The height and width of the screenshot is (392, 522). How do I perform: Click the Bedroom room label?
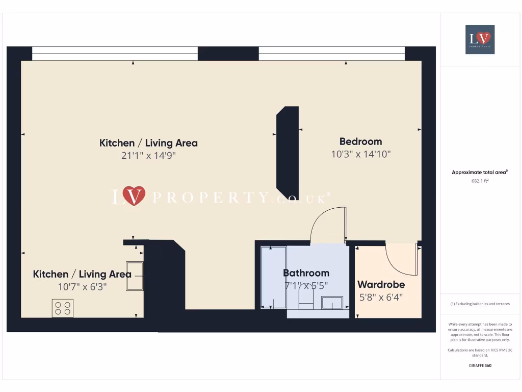point(360,141)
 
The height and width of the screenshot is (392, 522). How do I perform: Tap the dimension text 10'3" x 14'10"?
point(360,154)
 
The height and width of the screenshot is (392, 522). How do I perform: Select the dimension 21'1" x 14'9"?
point(148,156)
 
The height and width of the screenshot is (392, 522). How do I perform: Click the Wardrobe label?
point(381,284)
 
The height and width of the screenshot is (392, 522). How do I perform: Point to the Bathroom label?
point(306,273)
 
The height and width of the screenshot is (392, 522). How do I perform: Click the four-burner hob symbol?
point(63,308)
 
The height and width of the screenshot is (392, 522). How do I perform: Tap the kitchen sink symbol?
point(135,276)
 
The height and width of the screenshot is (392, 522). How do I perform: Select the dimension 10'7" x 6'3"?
point(82,287)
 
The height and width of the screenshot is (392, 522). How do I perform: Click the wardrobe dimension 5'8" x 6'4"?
point(381,297)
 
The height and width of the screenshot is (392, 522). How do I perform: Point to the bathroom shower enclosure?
point(273,277)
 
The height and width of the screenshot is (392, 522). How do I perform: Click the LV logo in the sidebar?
point(480,39)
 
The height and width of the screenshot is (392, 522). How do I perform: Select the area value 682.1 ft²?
point(480,181)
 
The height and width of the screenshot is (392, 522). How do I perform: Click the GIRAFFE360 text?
point(480,365)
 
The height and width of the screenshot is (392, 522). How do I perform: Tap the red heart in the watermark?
point(134,195)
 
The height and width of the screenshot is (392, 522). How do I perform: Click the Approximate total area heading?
point(479,173)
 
